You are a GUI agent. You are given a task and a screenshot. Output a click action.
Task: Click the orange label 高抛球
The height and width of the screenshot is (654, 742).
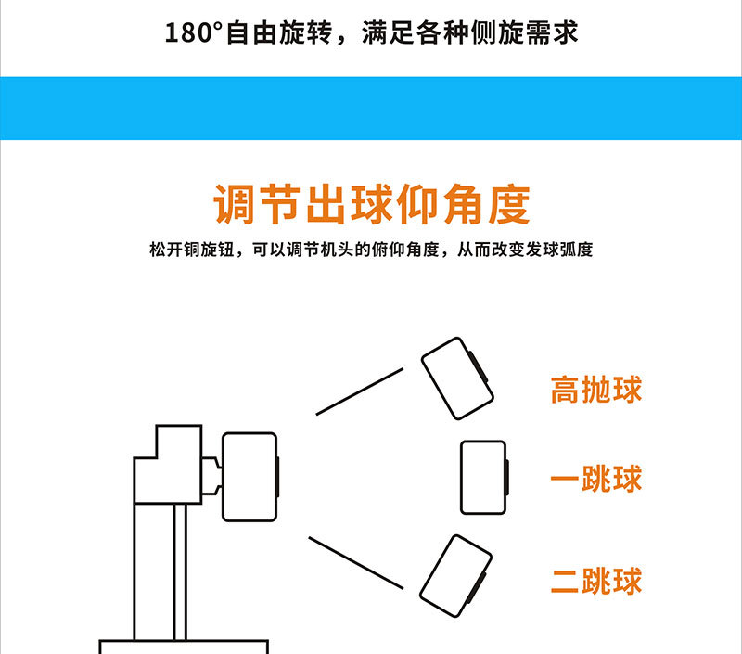596,390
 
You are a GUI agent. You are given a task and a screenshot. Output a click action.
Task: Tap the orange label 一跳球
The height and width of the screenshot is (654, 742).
596,479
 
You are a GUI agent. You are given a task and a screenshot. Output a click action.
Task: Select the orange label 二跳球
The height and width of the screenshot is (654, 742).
596,580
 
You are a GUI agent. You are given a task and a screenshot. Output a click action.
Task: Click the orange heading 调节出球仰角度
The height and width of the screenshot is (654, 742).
372,204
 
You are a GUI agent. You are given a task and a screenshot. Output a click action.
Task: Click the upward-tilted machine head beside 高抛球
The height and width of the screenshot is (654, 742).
457,378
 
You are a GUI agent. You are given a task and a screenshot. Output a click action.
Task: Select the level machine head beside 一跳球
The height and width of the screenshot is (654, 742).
484,478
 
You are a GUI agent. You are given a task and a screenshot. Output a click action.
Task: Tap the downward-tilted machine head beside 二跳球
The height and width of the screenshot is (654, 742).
455,576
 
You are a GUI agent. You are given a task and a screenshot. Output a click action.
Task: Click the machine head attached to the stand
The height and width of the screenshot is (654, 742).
250,477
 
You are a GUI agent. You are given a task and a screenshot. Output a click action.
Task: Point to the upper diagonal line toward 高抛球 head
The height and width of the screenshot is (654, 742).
360,391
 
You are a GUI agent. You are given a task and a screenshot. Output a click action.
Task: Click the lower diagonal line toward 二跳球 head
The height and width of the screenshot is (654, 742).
356,563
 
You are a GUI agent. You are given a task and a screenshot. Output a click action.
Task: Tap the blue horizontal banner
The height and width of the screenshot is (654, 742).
371,109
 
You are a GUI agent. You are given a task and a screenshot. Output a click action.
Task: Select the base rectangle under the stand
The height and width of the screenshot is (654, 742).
184,647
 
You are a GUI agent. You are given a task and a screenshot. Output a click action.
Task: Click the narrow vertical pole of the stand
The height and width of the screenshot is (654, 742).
180,571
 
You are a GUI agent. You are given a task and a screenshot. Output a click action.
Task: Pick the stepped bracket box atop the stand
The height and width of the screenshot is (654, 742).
168,464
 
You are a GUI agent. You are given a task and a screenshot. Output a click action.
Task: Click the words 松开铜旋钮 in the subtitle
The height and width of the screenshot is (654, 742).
192,250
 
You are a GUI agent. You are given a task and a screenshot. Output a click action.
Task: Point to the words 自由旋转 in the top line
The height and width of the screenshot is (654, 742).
279,33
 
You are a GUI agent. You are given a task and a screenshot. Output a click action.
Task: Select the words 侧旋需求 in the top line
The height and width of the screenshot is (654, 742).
524,33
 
